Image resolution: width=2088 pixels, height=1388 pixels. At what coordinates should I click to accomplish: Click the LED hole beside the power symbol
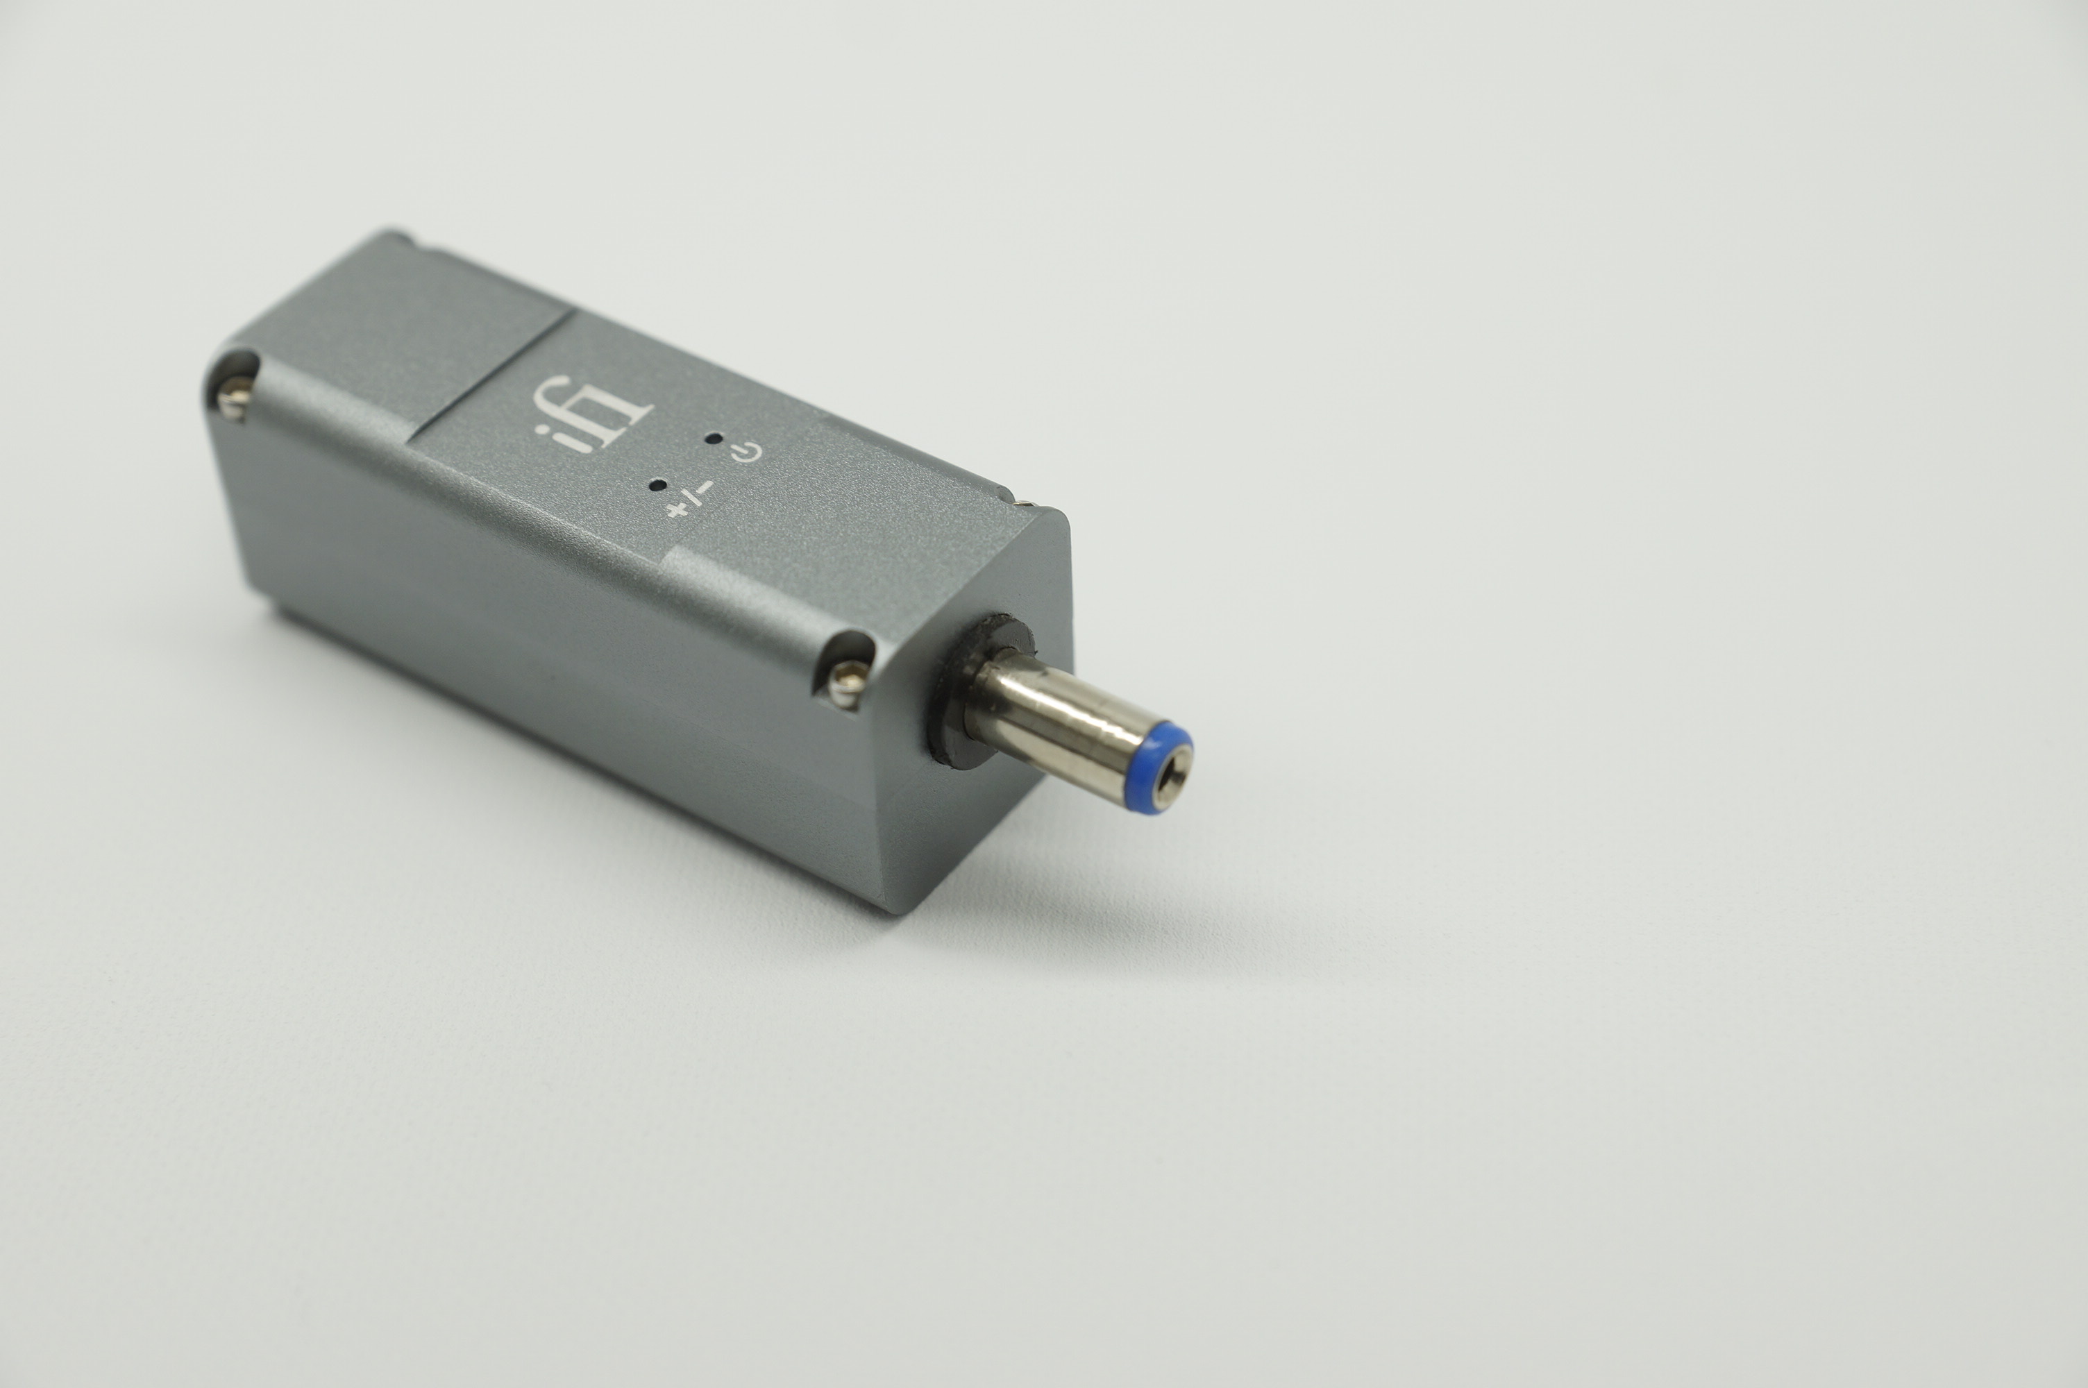point(711,438)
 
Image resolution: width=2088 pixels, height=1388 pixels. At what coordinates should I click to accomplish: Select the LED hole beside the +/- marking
point(657,484)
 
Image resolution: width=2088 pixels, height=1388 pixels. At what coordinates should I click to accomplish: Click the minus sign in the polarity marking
point(705,488)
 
